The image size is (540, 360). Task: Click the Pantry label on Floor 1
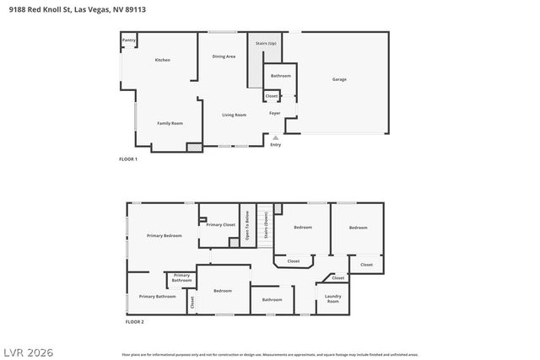pyautogui.click(x=128, y=40)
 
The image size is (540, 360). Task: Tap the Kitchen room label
pyautogui.click(x=163, y=60)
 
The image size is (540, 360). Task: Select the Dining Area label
pyautogui.click(x=224, y=56)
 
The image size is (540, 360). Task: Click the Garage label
pyautogui.click(x=338, y=79)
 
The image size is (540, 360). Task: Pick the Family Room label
pyautogui.click(x=170, y=123)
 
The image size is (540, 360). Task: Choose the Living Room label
pyautogui.click(x=234, y=115)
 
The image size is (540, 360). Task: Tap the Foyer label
pyautogui.click(x=274, y=113)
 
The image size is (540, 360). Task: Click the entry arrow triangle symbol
pyautogui.click(x=275, y=137)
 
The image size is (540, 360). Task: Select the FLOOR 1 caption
pyautogui.click(x=128, y=159)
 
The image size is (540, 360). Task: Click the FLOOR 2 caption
pyautogui.click(x=135, y=321)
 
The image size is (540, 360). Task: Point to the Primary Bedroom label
pyautogui.click(x=164, y=235)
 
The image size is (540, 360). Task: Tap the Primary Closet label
pyautogui.click(x=221, y=224)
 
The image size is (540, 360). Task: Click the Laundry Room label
pyautogui.click(x=332, y=298)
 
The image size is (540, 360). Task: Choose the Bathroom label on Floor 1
pyautogui.click(x=280, y=76)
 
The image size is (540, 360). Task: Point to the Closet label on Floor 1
pyautogui.click(x=272, y=96)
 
